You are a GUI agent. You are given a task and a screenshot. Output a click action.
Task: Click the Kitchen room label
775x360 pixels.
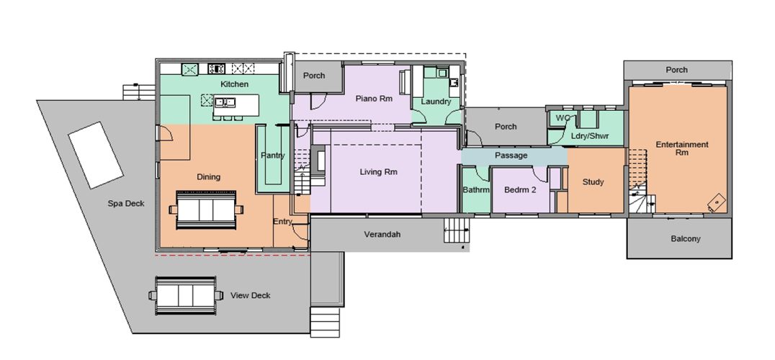pyautogui.click(x=234, y=84)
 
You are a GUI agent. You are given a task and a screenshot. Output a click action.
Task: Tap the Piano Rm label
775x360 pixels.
pyautogui.click(x=374, y=99)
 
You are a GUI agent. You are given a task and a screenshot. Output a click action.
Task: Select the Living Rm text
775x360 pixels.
pyautogui.click(x=378, y=172)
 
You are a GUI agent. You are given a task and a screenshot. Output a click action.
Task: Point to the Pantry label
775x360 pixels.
pyautogui.click(x=272, y=156)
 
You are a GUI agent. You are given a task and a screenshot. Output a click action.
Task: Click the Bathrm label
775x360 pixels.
pyautogui.click(x=476, y=189)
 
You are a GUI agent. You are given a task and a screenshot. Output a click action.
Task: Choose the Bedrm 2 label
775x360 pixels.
pyautogui.click(x=520, y=189)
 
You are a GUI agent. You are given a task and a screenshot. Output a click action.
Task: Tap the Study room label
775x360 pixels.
pyautogui.click(x=593, y=182)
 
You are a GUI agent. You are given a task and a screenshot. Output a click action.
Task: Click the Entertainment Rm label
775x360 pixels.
pyautogui.click(x=682, y=148)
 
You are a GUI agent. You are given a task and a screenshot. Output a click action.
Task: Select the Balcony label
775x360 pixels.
pyautogui.click(x=686, y=239)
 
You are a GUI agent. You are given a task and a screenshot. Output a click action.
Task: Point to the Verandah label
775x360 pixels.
pyautogui.click(x=382, y=235)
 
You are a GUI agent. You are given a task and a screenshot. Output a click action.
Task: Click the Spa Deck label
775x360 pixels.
pyautogui.click(x=126, y=204)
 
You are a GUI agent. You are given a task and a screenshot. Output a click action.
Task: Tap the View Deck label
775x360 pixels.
pyautogui.click(x=250, y=296)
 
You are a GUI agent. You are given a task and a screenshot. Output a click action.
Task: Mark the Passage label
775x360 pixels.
pyautogui.click(x=511, y=156)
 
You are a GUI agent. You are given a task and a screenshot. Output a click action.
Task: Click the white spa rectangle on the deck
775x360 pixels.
pyautogui.click(x=95, y=155)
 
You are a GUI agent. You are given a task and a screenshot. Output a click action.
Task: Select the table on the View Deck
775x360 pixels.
pyautogui.click(x=186, y=295)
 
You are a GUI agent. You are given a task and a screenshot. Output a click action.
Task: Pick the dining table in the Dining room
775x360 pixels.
pyautogui.click(x=206, y=210)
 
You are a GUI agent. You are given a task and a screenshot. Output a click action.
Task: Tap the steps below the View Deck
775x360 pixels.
pyautogui.click(x=325, y=322)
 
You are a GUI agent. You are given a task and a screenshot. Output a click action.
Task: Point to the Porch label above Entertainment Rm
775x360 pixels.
pyautogui.click(x=676, y=70)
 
